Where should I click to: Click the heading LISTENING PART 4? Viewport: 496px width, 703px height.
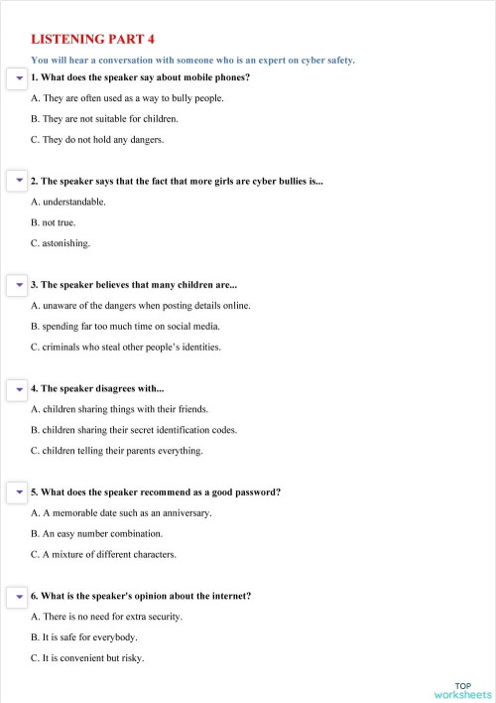93,40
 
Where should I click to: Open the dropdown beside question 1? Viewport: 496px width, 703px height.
18,77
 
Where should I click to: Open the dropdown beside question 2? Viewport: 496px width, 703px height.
18,182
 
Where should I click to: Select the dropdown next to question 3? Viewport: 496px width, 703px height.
18,285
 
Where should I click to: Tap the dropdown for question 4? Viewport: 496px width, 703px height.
18,388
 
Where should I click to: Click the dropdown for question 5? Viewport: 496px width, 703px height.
18,492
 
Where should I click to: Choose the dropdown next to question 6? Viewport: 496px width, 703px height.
18,596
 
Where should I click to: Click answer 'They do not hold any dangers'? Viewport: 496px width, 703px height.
96,140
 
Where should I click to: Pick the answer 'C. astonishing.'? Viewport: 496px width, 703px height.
61,243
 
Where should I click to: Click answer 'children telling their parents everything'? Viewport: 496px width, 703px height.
117,451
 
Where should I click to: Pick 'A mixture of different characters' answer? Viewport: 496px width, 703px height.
104,554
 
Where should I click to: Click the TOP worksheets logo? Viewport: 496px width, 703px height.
462,690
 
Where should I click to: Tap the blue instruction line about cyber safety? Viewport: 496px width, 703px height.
192,61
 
